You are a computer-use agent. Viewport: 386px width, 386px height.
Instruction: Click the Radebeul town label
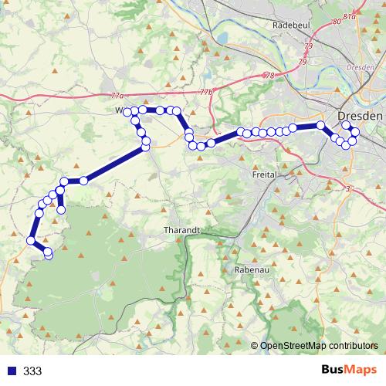click(292, 25)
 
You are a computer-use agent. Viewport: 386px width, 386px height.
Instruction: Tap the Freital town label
click(265, 175)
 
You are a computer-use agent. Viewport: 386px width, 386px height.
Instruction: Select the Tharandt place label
click(182, 230)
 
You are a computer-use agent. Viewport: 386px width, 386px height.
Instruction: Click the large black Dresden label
click(361, 115)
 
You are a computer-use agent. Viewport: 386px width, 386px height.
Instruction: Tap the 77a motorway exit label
click(117, 96)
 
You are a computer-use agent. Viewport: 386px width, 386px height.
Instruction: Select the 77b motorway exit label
click(205, 92)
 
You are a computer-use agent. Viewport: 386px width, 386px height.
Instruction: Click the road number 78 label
click(269, 76)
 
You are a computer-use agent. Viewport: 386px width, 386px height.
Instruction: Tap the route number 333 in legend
click(32, 371)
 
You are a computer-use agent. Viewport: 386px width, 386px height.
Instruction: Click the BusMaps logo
click(349, 371)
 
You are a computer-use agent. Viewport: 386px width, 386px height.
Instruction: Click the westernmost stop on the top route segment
click(128, 113)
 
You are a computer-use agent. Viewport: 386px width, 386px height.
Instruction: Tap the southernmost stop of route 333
click(49, 253)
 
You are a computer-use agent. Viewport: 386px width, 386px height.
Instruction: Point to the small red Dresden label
click(361, 68)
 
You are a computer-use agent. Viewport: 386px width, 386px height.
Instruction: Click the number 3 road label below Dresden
click(348, 189)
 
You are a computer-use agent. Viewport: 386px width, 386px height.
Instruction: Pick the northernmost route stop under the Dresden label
click(346, 125)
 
